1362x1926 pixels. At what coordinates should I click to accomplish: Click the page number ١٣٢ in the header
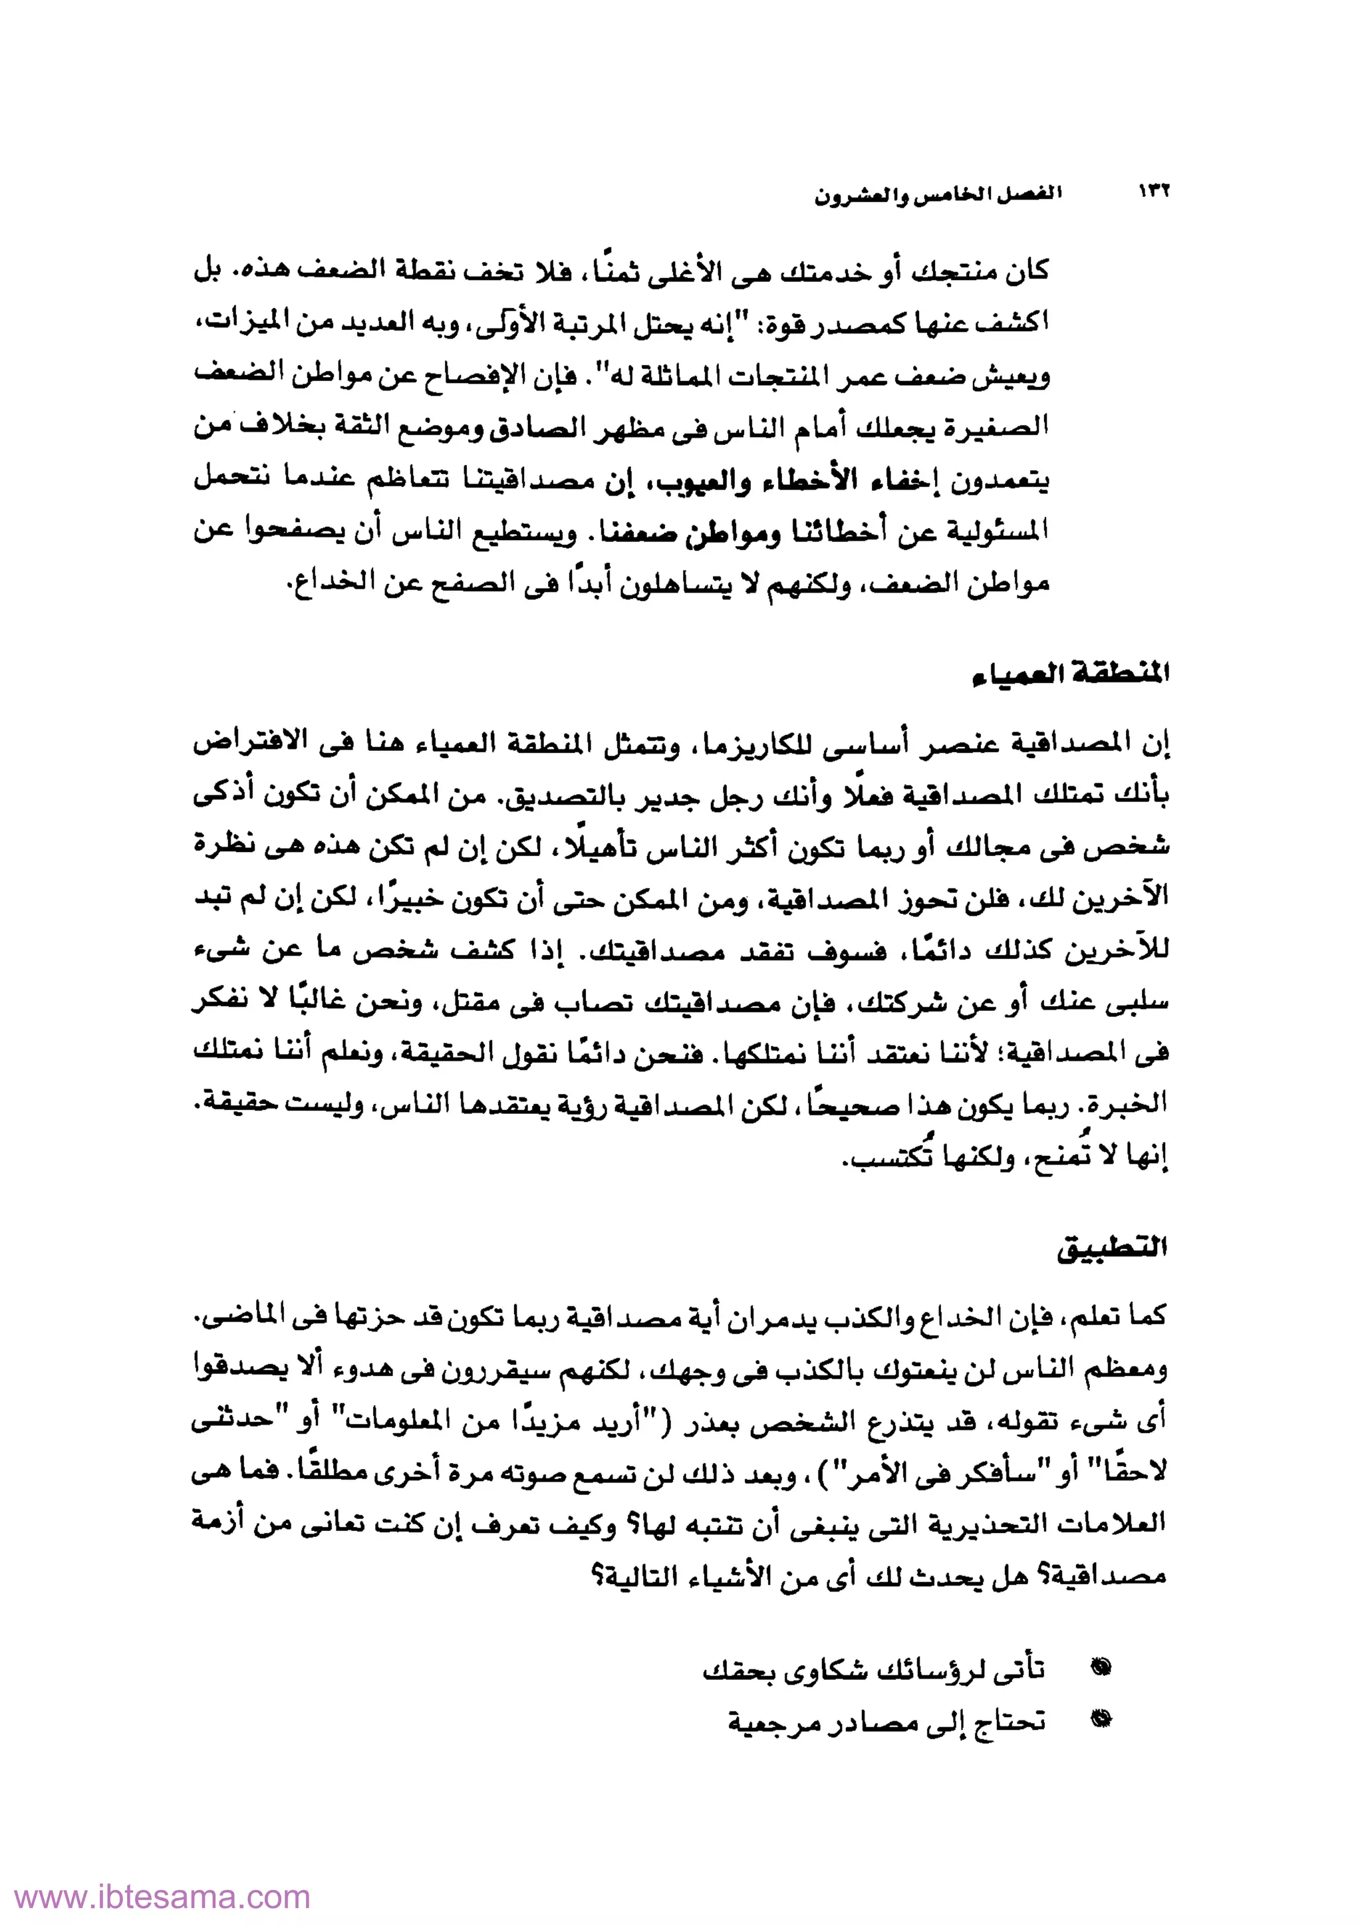pos(1154,193)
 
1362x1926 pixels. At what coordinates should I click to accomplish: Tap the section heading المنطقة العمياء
pos(1070,674)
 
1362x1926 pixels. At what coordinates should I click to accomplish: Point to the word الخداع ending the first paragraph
pos(321,584)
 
